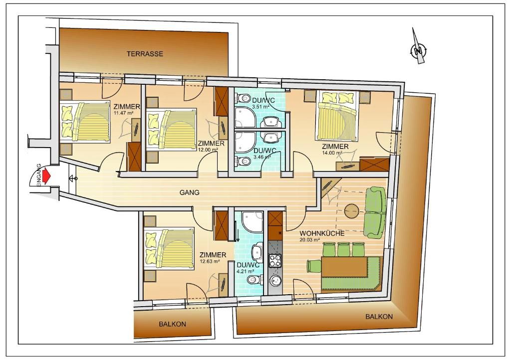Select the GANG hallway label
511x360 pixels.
click(189, 192)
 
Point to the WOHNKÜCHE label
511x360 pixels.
click(322, 234)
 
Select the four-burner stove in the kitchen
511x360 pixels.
click(275, 260)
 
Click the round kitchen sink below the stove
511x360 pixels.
click(275, 280)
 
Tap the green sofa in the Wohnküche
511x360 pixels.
click(375, 212)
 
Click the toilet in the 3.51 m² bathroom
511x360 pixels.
click(242, 97)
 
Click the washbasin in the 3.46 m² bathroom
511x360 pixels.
click(271, 138)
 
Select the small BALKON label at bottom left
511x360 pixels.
click(172, 324)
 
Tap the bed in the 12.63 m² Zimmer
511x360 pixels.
click(170, 248)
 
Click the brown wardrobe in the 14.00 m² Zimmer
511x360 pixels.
click(374, 165)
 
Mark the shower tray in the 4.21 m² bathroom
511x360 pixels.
click(252, 222)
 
